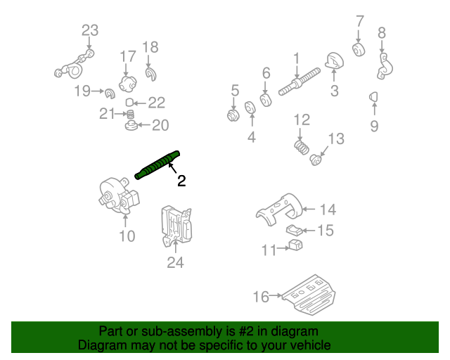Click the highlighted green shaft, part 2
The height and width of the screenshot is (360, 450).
[x=157, y=165]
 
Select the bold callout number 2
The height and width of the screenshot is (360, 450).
[x=181, y=181]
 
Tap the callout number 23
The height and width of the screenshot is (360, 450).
[x=90, y=30]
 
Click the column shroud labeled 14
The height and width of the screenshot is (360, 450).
[x=282, y=209]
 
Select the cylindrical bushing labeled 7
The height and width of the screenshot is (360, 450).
[x=359, y=50]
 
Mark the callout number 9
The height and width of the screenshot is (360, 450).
[x=374, y=126]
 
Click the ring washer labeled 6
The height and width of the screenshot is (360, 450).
[x=266, y=99]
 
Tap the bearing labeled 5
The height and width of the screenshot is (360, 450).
[x=233, y=115]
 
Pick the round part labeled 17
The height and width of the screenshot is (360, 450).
[x=127, y=84]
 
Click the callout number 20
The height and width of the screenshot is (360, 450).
[x=161, y=126]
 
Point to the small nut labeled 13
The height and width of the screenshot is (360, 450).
[x=317, y=160]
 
